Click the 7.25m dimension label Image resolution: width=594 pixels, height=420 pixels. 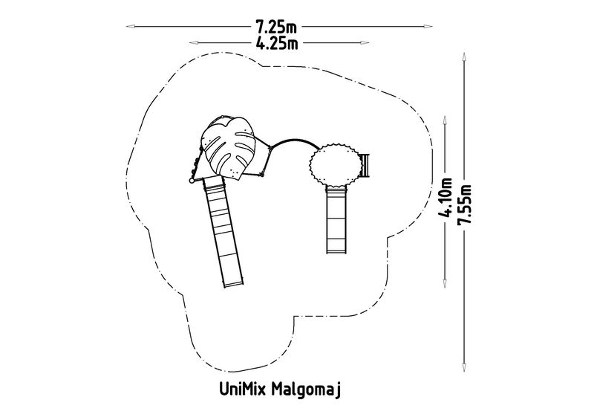pyautogui.click(x=276, y=28)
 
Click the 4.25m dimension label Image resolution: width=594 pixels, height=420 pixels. pyautogui.click(x=277, y=43)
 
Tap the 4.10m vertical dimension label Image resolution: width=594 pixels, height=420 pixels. pyautogui.click(x=445, y=198)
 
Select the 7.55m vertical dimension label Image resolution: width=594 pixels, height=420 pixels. pyautogui.click(x=465, y=205)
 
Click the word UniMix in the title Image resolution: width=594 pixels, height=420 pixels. pyautogui.click(x=244, y=389)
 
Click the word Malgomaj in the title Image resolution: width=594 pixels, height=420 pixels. pyautogui.click(x=307, y=390)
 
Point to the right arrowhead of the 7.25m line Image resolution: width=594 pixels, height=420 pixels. pyautogui.click(x=428, y=27)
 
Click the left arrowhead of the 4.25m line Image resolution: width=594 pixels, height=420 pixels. pyautogui.click(x=194, y=42)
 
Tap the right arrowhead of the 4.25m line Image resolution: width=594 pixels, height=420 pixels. pyautogui.click(x=365, y=43)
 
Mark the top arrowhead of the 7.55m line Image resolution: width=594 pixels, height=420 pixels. pyautogui.click(x=464, y=56)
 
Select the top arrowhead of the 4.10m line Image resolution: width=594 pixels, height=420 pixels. pyautogui.click(x=445, y=120)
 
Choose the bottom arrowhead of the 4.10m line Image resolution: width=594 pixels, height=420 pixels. pyautogui.click(x=445, y=283)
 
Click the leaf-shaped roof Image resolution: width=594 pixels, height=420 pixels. pyautogui.click(x=228, y=147)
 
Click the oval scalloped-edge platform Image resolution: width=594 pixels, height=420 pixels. pyautogui.click(x=336, y=165)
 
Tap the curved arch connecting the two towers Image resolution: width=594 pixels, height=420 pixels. pyautogui.click(x=294, y=143)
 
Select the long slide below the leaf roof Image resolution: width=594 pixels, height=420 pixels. pyautogui.click(x=223, y=231)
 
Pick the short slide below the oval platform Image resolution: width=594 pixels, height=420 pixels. pyautogui.click(x=336, y=220)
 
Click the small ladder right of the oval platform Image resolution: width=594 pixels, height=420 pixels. pyautogui.click(x=365, y=166)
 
